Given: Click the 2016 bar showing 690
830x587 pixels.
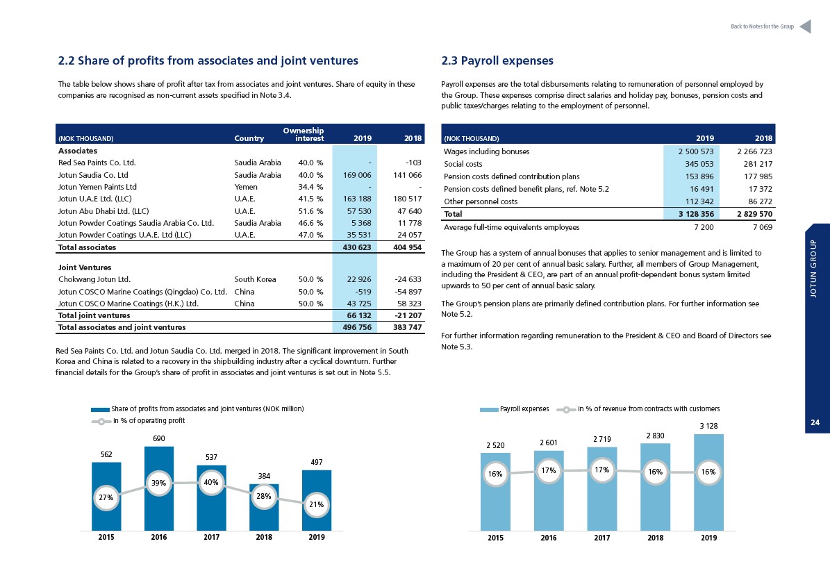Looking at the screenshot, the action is coord(159,488).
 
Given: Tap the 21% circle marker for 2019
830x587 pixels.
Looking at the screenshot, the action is coord(317,504).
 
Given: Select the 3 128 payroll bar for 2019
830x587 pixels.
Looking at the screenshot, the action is coord(708,482).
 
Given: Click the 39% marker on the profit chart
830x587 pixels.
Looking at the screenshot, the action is coord(159,483).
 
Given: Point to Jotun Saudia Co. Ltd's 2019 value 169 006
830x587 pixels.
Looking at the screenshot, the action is coord(357,175).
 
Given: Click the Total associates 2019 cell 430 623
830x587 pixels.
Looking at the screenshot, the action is coord(357,247).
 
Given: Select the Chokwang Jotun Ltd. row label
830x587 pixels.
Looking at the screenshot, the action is coord(94,279).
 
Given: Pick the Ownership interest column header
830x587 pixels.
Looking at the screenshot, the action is coord(304,135).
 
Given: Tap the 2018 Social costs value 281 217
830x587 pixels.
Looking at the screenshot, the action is coord(758,164).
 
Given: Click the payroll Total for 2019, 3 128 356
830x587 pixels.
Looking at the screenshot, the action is coord(696,215).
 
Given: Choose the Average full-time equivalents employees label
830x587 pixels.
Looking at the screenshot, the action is coord(511,228).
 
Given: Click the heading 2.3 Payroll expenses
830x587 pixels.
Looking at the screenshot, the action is coord(497,61).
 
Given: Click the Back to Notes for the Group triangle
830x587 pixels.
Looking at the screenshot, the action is coord(806,26).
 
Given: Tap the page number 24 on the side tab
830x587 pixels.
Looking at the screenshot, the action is coord(815,422).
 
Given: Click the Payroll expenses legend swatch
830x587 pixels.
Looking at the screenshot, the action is coord(489,409).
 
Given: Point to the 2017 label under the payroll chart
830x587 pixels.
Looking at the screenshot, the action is coord(602,538).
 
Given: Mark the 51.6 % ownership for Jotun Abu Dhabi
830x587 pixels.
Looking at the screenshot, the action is coord(310,211).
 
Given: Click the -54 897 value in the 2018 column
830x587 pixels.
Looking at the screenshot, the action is coord(408,292).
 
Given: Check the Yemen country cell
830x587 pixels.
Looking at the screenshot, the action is coord(246,187).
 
